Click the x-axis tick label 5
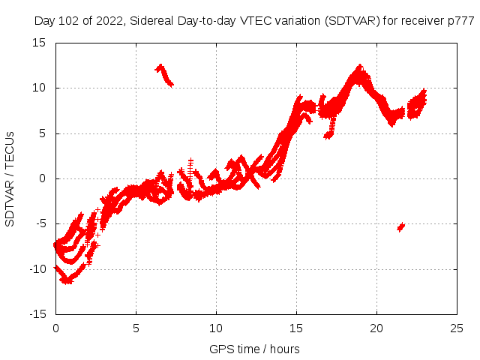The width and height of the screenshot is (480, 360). (136, 328)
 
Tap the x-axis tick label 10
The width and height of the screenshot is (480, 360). (216, 328)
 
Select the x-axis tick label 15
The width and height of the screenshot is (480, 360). (296, 328)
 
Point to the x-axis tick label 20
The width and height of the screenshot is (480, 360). (376, 328)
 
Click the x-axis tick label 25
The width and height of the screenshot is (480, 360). (457, 328)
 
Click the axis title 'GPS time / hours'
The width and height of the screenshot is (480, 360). (256, 349)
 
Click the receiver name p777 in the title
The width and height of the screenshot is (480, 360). (460, 21)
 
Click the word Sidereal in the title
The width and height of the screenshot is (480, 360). (153, 21)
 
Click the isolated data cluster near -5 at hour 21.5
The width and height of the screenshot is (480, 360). (401, 226)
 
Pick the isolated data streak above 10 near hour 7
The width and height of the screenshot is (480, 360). (164, 75)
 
